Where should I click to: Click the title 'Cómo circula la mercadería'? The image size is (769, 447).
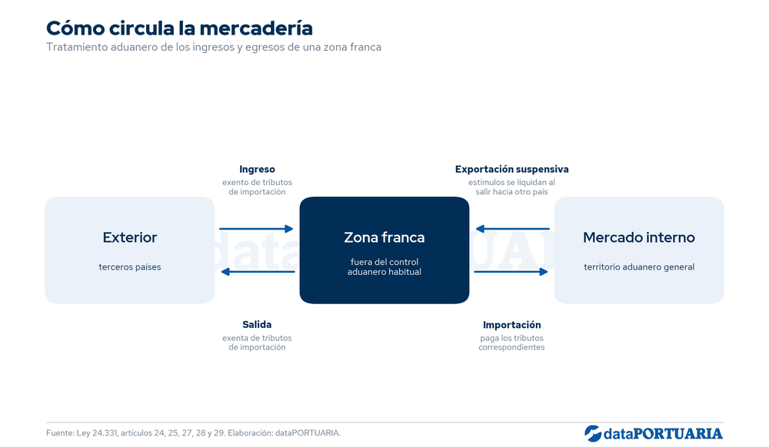click(179, 28)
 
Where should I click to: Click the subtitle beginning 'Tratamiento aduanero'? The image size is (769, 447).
click(214, 48)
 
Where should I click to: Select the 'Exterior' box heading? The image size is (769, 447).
click(130, 237)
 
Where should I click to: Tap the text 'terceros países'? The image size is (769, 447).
click(130, 267)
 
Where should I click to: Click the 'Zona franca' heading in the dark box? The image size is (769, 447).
click(384, 237)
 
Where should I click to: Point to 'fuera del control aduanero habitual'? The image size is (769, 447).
click(384, 267)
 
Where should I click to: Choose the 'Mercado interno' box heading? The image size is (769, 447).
click(639, 237)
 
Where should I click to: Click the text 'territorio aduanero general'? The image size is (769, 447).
click(639, 267)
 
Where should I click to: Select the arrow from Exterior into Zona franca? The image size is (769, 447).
click(256, 229)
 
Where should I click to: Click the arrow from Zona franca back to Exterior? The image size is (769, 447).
click(258, 272)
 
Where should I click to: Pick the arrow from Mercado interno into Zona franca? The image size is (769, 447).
click(512, 229)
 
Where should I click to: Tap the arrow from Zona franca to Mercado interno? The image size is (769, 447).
click(511, 272)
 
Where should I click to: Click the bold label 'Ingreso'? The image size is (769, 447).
click(257, 170)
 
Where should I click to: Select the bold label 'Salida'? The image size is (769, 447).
click(257, 325)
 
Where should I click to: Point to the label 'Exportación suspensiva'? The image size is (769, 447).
click(512, 170)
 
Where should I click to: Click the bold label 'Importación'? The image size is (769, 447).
click(512, 325)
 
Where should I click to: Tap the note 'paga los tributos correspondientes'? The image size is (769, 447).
click(511, 343)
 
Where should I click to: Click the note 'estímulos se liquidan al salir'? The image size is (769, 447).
click(511, 187)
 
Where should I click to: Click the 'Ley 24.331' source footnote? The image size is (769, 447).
click(193, 433)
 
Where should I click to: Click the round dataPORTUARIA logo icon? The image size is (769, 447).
click(593, 434)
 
